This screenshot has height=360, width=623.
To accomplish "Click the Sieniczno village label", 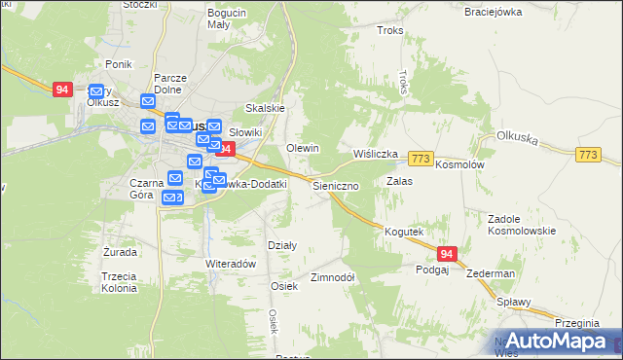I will click(x=336, y=185).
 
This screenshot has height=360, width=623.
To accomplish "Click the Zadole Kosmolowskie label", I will click(x=521, y=225).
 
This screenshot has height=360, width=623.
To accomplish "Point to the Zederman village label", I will click(x=490, y=274).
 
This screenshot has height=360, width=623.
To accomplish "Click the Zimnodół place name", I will click(x=331, y=277).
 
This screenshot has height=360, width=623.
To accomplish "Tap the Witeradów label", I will click(x=230, y=264).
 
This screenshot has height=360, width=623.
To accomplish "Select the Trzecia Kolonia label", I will click(x=119, y=282).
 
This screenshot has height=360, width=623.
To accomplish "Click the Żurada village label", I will click(x=120, y=252).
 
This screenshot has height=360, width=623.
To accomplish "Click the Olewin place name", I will click(x=302, y=147).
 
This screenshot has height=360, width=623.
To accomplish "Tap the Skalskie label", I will click(x=264, y=108).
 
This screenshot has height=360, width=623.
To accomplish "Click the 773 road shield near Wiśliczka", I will click(x=421, y=158).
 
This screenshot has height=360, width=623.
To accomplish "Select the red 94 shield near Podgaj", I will click(x=446, y=254).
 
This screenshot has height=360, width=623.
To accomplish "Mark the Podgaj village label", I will click(x=431, y=270).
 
